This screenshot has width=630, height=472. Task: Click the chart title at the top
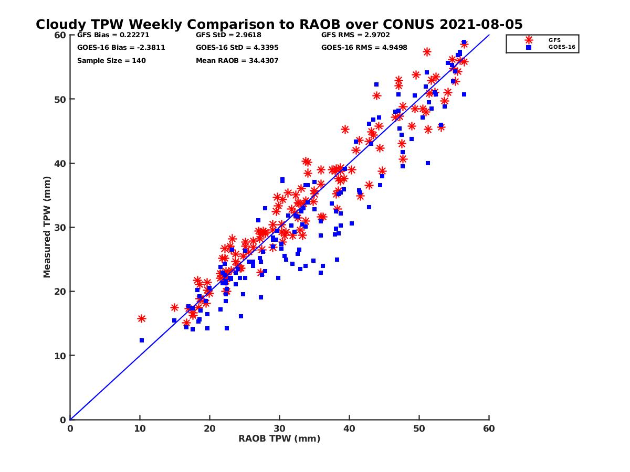[279, 25]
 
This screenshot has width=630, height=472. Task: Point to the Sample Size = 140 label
[111, 60]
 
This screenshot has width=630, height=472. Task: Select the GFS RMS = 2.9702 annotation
[356, 35]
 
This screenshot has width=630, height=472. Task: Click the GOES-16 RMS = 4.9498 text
[364, 48]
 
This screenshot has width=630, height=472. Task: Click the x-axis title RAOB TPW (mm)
[279, 438]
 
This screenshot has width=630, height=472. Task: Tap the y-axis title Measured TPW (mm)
[47, 228]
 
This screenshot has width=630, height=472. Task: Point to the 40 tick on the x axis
[350, 428]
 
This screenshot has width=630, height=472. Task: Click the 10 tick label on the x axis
[140, 428]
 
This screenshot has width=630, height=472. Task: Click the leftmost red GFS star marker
[141, 318]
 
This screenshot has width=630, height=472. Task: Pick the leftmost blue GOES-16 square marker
[141, 340]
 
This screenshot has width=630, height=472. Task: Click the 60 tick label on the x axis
[489, 428]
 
